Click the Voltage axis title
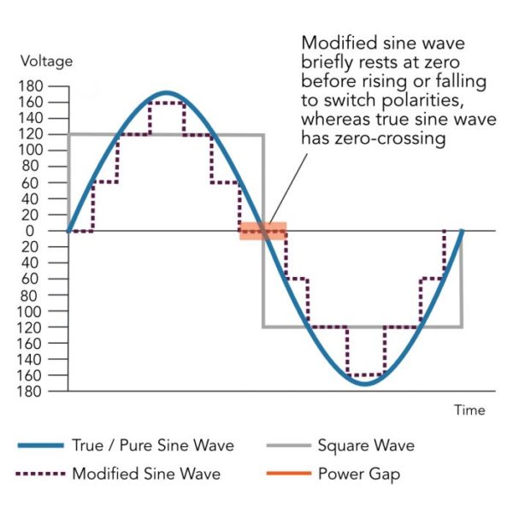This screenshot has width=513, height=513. pyautogui.click(x=46, y=62)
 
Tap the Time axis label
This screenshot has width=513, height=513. pyautogui.click(x=469, y=410)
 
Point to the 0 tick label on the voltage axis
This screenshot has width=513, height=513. pyautogui.click(x=54, y=231)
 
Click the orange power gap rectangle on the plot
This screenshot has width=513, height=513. pyautogui.click(x=262, y=231)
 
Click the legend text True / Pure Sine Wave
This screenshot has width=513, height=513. pyautogui.click(x=152, y=445)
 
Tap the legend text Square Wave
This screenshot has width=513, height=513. pyautogui.click(x=366, y=445)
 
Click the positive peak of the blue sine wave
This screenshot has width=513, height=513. pyautogui.click(x=167, y=93)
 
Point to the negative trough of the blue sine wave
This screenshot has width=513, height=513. pyautogui.click(x=363, y=383)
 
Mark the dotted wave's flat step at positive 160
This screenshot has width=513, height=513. pyautogui.click(x=166, y=103)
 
